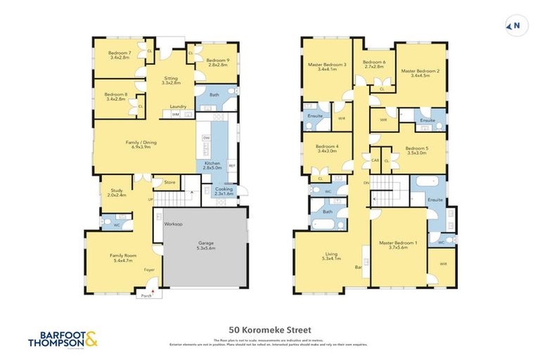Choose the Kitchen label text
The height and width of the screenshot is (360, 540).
pos(212,165)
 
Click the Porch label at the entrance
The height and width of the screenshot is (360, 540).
pos(146,296)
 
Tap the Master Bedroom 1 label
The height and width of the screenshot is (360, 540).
pos(399,245)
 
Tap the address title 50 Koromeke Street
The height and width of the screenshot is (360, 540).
pos(269,329)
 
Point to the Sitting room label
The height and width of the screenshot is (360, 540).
pos(172,80)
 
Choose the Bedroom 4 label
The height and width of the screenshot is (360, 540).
pos(328,148)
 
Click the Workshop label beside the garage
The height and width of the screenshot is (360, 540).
pos(173,224)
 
